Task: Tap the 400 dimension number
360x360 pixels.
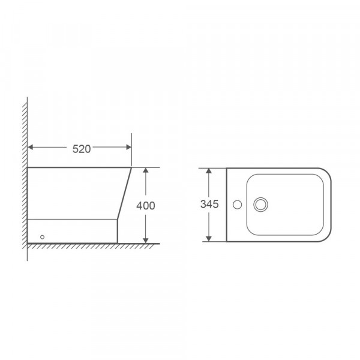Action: (x=146, y=206)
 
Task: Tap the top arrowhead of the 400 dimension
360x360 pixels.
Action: (x=146, y=171)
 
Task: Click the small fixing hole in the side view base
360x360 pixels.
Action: (x=42, y=236)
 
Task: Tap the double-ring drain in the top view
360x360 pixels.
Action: (x=260, y=205)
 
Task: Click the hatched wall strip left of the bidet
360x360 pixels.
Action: (x=25, y=180)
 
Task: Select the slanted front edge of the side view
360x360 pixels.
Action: (x=125, y=192)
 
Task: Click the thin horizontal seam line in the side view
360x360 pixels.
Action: (x=72, y=219)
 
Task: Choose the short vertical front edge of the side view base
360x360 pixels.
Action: (x=119, y=231)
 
